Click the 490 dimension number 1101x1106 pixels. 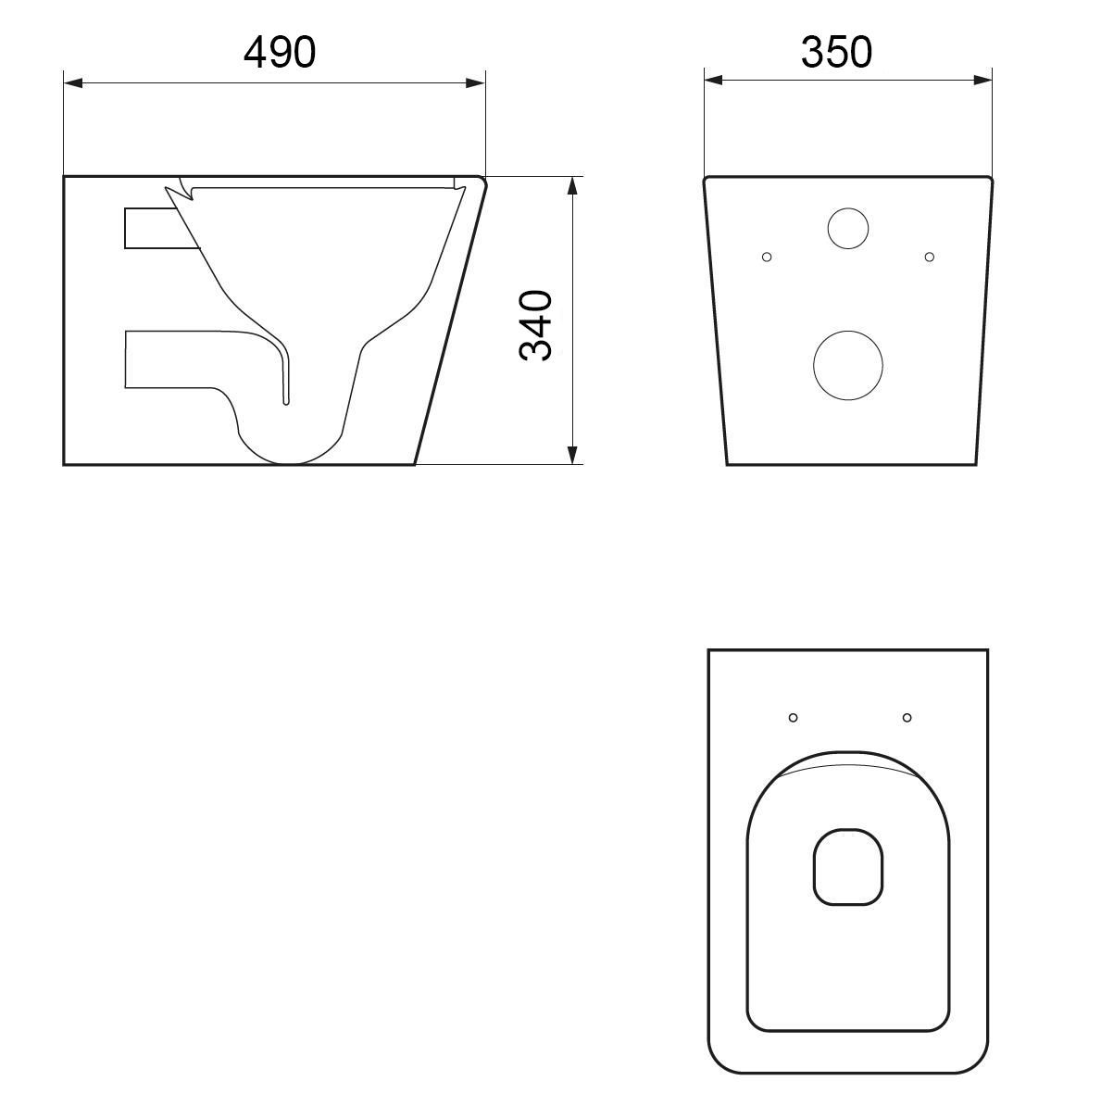coord(280,52)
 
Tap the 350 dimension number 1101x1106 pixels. coord(836,52)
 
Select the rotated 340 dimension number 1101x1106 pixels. coord(536,325)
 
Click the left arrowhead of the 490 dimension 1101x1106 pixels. coord(73,83)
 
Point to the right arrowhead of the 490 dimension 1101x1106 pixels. coord(475,83)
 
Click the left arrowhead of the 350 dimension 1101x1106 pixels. coord(714,80)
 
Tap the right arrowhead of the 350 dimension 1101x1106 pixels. coord(982,80)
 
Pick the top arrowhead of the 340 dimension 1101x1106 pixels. coord(572,185)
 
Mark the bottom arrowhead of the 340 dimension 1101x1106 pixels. coord(572,455)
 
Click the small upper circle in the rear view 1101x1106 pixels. coord(848,208)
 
